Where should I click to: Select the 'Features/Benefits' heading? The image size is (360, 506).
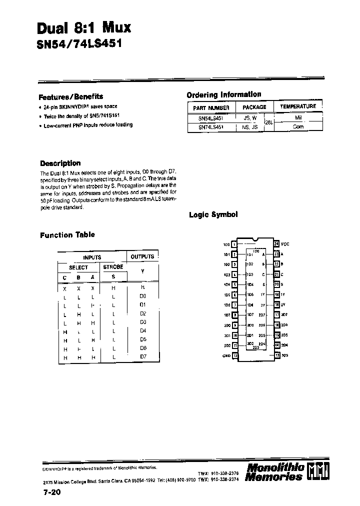(71, 96)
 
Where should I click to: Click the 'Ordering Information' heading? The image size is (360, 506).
(223, 94)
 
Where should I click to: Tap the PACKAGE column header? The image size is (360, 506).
(254, 107)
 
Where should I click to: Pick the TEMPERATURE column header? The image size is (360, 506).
(298, 106)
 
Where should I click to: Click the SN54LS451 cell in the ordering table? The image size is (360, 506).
(211, 118)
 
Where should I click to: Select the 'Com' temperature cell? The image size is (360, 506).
(297, 127)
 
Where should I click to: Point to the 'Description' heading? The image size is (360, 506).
(60, 163)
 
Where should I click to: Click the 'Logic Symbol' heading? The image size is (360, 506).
(213, 214)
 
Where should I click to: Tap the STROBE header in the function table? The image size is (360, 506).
(113, 267)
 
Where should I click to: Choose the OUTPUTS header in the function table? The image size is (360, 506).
(142, 256)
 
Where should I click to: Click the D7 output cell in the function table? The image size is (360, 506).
(142, 356)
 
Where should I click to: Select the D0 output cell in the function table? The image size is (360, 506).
(142, 296)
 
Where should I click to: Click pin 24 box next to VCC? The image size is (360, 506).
(276, 244)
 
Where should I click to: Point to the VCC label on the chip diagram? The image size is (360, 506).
(285, 244)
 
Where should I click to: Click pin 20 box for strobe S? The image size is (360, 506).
(276, 284)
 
